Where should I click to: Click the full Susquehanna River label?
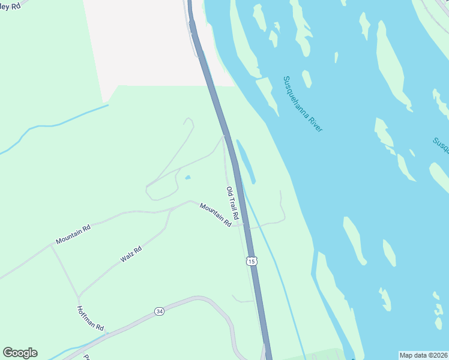pos(303,104)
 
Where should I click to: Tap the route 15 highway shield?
pos(251,260)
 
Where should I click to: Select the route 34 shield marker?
pos(158,311)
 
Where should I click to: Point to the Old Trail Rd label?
pos(233,202)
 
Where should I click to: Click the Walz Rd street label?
pos(130,254)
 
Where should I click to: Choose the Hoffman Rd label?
pos(91,319)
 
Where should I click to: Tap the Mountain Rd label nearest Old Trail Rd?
pos(215,214)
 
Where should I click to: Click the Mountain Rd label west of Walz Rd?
pos(73,234)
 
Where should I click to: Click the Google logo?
pos(20,353)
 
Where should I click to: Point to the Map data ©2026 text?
pos(423,355)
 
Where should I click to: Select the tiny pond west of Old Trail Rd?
pos(188,178)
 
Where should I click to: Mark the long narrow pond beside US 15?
pos(246,161)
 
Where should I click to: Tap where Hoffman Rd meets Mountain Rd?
pos(50,245)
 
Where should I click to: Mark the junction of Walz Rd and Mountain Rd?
pos(170,210)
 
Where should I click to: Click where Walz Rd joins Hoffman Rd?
pos(79,296)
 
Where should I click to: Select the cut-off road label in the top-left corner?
pos(10,5)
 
